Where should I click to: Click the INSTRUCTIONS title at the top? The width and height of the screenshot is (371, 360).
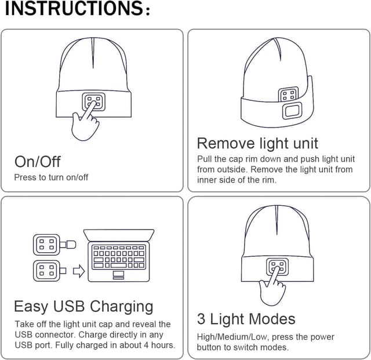click(x=78, y=9)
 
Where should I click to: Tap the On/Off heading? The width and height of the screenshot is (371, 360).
click(x=37, y=162)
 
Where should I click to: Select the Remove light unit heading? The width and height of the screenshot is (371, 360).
click(x=257, y=143)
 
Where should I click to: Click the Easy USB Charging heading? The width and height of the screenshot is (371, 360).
click(x=83, y=307)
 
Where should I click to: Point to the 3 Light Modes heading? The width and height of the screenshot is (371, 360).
click(x=246, y=319)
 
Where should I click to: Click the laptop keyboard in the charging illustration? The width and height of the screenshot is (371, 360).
click(x=119, y=257)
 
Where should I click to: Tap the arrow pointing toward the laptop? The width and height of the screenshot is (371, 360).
click(x=79, y=271)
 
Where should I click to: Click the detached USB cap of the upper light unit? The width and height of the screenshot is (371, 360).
click(x=71, y=245)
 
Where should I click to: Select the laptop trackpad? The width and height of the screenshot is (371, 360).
click(x=118, y=275)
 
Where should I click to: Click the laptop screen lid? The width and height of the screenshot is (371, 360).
click(x=119, y=235)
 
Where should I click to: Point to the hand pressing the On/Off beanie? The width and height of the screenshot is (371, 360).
click(x=86, y=121)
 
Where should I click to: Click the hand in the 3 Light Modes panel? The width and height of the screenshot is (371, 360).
click(x=272, y=286)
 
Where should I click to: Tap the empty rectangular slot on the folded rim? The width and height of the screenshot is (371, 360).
click(x=292, y=111)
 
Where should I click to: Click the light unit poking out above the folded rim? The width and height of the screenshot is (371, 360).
click(x=288, y=94)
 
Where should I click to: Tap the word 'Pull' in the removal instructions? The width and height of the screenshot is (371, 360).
click(x=205, y=159)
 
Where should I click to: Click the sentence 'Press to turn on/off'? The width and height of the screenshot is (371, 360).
click(x=51, y=177)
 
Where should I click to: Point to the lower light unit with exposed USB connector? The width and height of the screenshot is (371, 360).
click(x=49, y=271)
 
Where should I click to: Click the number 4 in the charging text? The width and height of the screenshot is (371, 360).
click(x=146, y=345)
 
